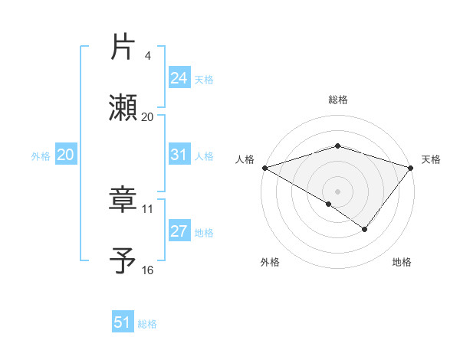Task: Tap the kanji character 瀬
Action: (x=123, y=108)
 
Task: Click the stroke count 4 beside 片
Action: (x=148, y=56)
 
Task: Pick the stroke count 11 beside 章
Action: (x=148, y=208)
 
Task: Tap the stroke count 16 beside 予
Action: (x=148, y=270)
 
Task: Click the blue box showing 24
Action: (x=179, y=78)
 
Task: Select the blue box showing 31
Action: (x=179, y=155)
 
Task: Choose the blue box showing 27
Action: (x=179, y=231)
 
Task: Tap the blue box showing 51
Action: (x=123, y=322)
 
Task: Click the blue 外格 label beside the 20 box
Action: (x=41, y=155)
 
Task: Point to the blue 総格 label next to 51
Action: (x=147, y=324)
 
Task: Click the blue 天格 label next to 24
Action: (x=204, y=80)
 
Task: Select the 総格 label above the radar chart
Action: (x=338, y=100)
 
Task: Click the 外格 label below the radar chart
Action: (x=270, y=262)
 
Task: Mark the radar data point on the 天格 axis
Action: (x=412, y=167)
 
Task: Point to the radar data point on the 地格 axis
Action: (x=365, y=229)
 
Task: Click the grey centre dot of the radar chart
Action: (x=338, y=191)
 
